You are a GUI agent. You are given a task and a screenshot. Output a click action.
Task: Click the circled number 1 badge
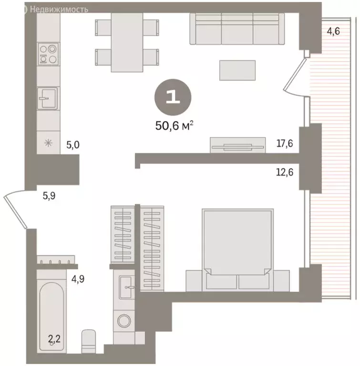[172, 97]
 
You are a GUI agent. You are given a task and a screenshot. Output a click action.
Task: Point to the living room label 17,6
[285, 143]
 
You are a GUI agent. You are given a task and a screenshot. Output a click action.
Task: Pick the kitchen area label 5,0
[72, 145]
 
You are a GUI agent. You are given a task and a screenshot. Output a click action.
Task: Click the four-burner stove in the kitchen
[48, 53]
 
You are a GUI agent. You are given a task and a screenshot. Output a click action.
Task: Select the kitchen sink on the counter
[47, 99]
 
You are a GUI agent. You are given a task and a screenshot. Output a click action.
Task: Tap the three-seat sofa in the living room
[237, 28]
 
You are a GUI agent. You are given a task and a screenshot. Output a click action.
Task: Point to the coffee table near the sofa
[237, 70]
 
